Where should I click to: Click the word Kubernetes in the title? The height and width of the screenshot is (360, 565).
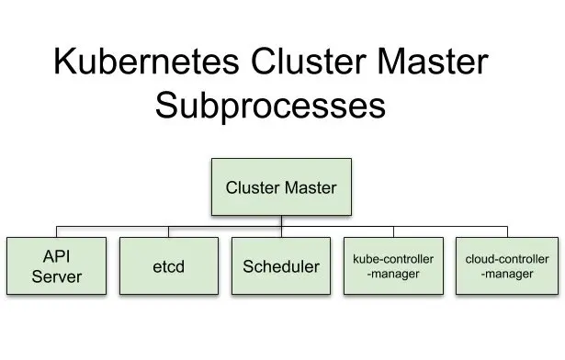click(146, 61)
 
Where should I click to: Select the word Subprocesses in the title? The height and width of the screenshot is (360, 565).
click(271, 106)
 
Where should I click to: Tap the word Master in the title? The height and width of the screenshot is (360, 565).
click(433, 61)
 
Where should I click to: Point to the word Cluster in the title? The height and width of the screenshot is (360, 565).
click(309, 61)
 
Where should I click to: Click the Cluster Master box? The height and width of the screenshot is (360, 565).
click(281, 186)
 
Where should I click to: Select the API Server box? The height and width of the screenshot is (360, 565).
click(57, 266)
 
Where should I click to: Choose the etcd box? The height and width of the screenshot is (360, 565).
click(169, 266)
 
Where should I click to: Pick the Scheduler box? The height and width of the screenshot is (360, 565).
click(281, 266)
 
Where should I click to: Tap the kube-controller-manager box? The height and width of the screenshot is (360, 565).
click(393, 266)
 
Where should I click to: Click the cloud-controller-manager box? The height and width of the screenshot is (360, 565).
click(507, 266)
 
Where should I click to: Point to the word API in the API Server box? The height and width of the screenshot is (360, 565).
click(57, 256)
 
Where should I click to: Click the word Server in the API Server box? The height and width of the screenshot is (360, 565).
click(57, 276)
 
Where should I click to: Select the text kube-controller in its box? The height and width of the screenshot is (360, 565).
click(393, 259)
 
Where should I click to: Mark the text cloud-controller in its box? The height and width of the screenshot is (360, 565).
click(507, 259)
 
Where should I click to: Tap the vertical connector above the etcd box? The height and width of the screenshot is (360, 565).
click(169, 231)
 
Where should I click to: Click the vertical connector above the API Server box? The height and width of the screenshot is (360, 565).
click(57, 231)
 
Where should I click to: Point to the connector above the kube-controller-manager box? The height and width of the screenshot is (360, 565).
click(393, 231)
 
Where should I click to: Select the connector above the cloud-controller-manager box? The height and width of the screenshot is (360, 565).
click(507, 231)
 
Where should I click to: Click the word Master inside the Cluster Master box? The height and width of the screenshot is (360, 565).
click(311, 187)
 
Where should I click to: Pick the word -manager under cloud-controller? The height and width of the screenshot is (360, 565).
click(507, 274)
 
